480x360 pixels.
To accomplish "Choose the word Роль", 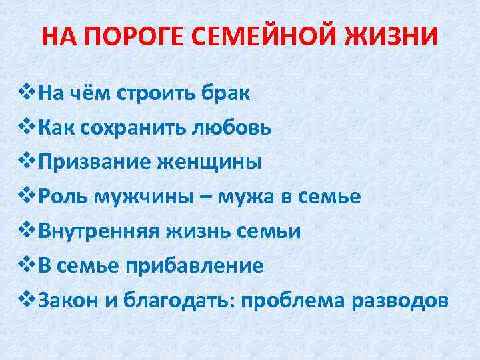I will [x=63, y=197].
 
